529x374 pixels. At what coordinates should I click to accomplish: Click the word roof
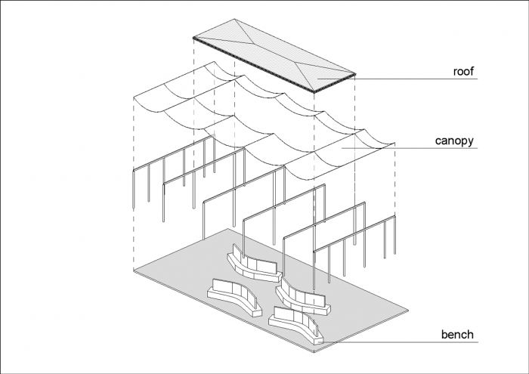point(462,72)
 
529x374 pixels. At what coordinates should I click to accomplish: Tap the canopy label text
point(456,141)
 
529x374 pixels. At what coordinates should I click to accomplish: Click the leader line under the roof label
point(423,79)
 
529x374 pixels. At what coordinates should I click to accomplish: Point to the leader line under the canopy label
point(431,148)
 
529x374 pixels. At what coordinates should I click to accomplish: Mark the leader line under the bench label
point(408,342)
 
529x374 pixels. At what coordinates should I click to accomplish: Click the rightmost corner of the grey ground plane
point(409,309)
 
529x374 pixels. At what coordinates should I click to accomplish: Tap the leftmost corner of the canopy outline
point(134,97)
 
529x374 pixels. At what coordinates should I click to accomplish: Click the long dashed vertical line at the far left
point(134,181)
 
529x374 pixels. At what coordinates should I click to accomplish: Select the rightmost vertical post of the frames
point(394,242)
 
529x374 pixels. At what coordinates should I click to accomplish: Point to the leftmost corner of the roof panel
point(193,37)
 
